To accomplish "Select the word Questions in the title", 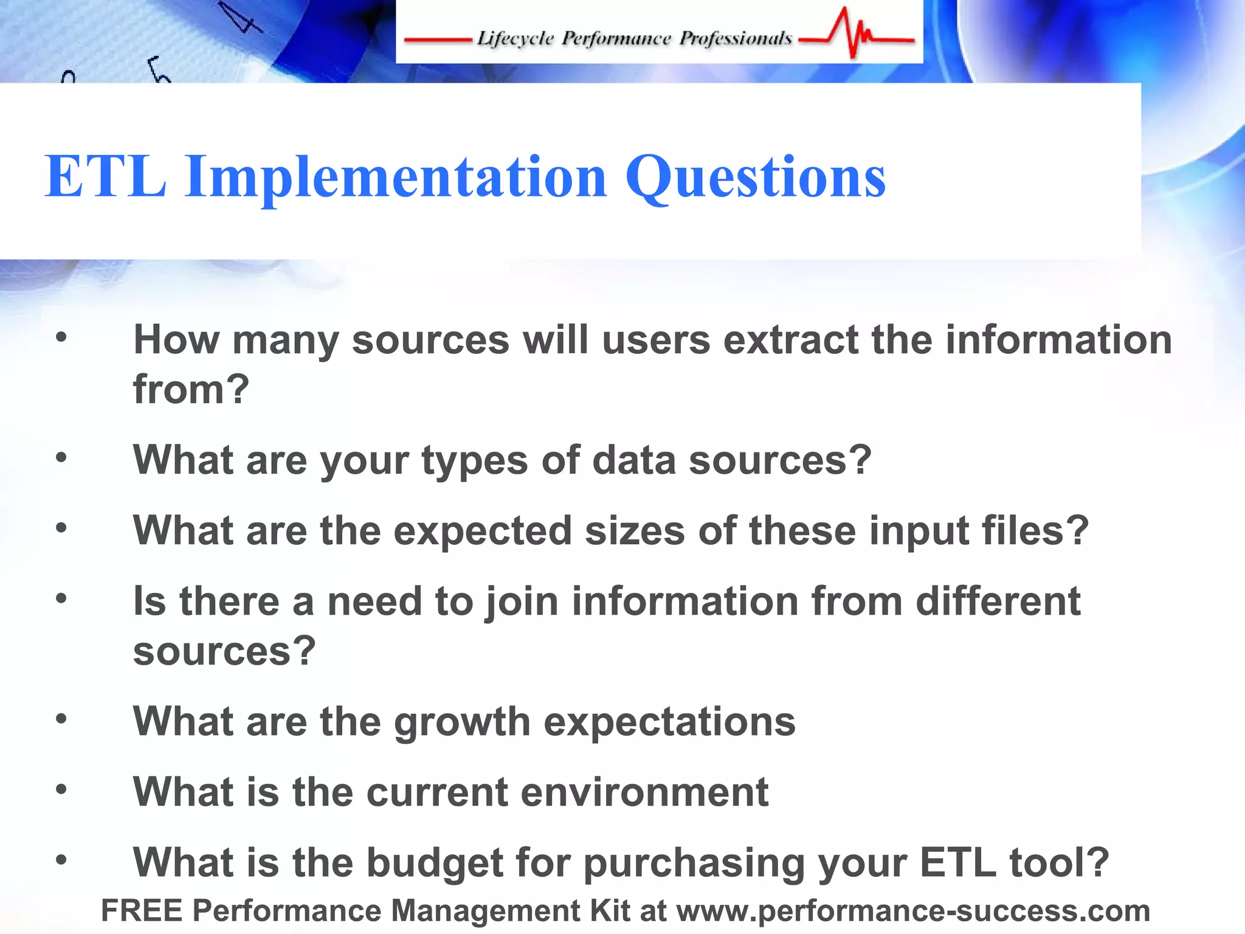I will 756,178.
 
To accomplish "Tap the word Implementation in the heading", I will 396,178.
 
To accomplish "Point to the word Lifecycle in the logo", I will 516,39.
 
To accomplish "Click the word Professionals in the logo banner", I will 736,38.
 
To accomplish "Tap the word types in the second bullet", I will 475,461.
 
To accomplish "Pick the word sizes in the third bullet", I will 635,531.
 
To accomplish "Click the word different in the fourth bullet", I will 998,601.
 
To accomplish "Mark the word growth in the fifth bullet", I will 463,722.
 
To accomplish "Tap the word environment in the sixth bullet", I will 644,792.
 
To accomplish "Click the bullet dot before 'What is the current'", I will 61,789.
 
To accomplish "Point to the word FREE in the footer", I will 142,911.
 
